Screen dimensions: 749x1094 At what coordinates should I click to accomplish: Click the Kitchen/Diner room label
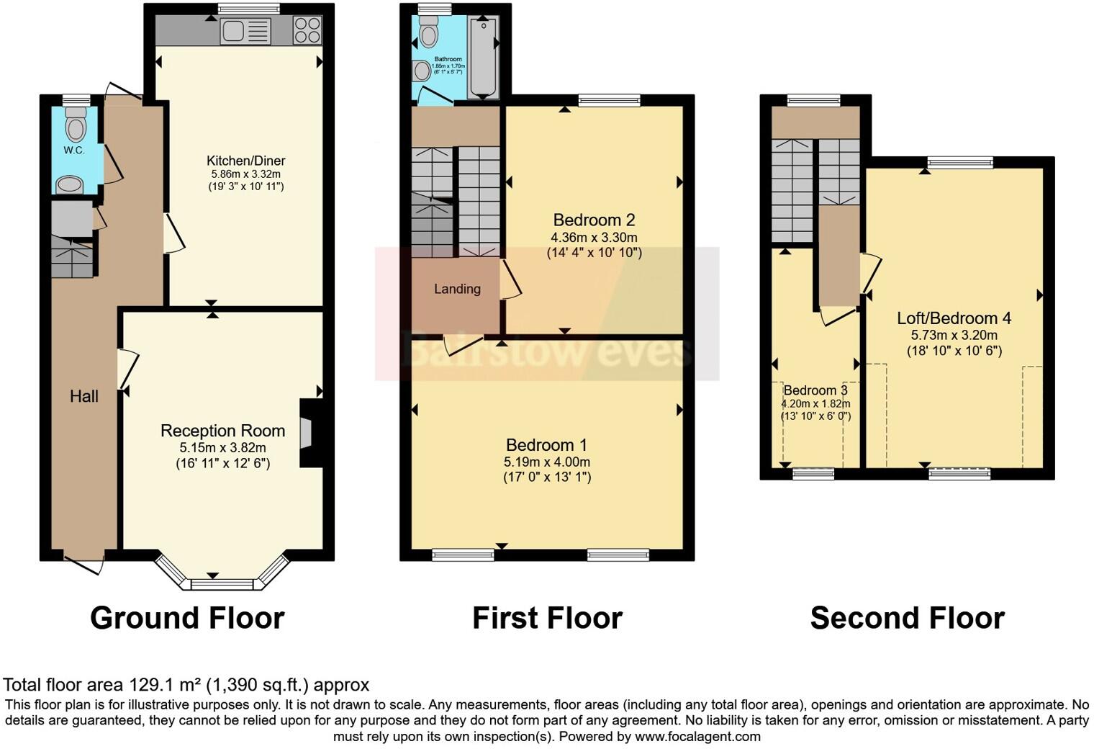(x=246, y=161)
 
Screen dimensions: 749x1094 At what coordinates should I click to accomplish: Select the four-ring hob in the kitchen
(x=307, y=31)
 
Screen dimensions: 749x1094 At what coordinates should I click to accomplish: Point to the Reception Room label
(x=222, y=431)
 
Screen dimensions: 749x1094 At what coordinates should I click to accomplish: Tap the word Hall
(x=84, y=396)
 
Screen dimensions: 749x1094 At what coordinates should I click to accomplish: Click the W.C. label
(x=74, y=151)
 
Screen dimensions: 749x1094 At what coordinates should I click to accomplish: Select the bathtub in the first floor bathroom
(x=482, y=58)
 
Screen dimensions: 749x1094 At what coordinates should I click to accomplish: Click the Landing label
(x=457, y=289)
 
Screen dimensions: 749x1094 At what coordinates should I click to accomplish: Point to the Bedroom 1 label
(x=547, y=445)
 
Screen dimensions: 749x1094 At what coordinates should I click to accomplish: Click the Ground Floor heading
(x=187, y=618)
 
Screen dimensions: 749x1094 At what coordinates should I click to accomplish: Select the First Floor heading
(x=547, y=618)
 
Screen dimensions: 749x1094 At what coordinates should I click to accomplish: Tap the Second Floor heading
(x=907, y=618)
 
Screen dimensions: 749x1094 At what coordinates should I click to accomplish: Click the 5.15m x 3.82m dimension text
(x=222, y=448)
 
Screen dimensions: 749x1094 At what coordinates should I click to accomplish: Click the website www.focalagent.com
(x=697, y=737)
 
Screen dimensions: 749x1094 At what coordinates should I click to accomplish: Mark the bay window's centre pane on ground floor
(x=212, y=583)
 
